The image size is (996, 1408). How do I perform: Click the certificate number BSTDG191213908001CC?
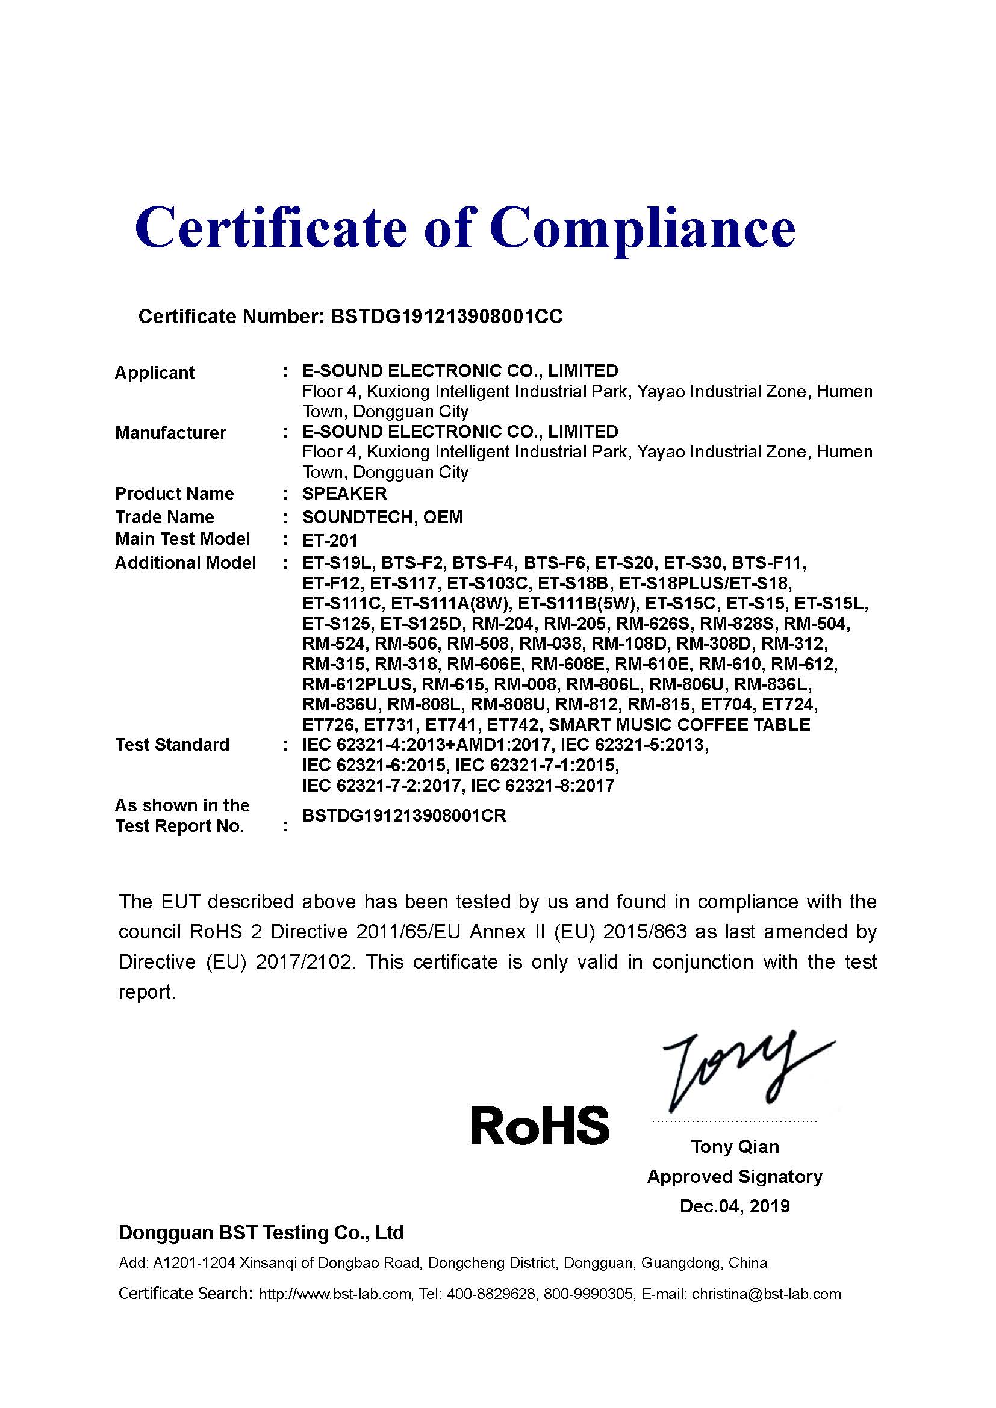pos(446,317)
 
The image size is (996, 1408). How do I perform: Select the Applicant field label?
pos(155,372)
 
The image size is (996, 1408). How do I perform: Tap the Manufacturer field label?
pos(170,432)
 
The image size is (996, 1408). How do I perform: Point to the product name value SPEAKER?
pos(344,493)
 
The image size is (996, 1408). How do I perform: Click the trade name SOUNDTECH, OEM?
pos(383,517)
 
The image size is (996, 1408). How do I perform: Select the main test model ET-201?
pos(330,540)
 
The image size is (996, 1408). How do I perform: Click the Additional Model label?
pos(185,562)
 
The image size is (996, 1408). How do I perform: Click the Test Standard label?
pos(172,745)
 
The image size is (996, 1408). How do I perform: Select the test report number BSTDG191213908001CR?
pos(404,816)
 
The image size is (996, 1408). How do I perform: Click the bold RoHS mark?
pos(540,1125)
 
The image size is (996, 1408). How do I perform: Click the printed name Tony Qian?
pos(735,1146)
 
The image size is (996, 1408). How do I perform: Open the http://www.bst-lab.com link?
pos(335,1294)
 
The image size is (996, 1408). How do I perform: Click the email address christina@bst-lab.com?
pos(766,1294)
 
